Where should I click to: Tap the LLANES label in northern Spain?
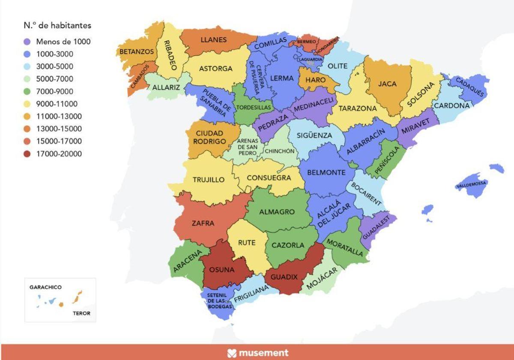(x=213, y=40)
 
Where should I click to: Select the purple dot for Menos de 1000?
(x=27, y=42)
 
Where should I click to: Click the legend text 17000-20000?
(x=59, y=154)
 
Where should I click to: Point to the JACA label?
(x=387, y=84)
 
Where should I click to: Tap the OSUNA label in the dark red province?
(x=221, y=270)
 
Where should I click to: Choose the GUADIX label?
(x=284, y=277)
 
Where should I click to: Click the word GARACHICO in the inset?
(x=45, y=287)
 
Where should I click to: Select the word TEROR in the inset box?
(x=81, y=313)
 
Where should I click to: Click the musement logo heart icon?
(x=232, y=353)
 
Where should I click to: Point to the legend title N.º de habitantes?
(x=57, y=26)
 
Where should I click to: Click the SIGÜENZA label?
(x=314, y=135)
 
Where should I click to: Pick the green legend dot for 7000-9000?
(x=27, y=91)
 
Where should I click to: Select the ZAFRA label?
(x=203, y=223)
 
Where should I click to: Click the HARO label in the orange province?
(x=316, y=80)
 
